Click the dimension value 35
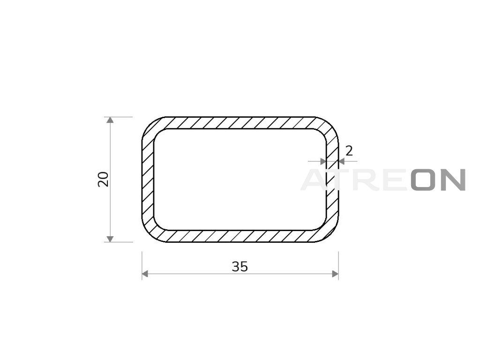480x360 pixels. point(240,267)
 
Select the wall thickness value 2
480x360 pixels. point(349,150)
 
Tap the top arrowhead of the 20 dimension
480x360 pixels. point(110,120)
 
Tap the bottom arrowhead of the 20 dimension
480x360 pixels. point(110,239)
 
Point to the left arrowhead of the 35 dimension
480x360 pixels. point(145,274)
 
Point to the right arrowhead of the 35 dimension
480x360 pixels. point(335,274)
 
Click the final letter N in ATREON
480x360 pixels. point(453,180)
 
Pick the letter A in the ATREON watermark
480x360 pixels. point(314,180)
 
